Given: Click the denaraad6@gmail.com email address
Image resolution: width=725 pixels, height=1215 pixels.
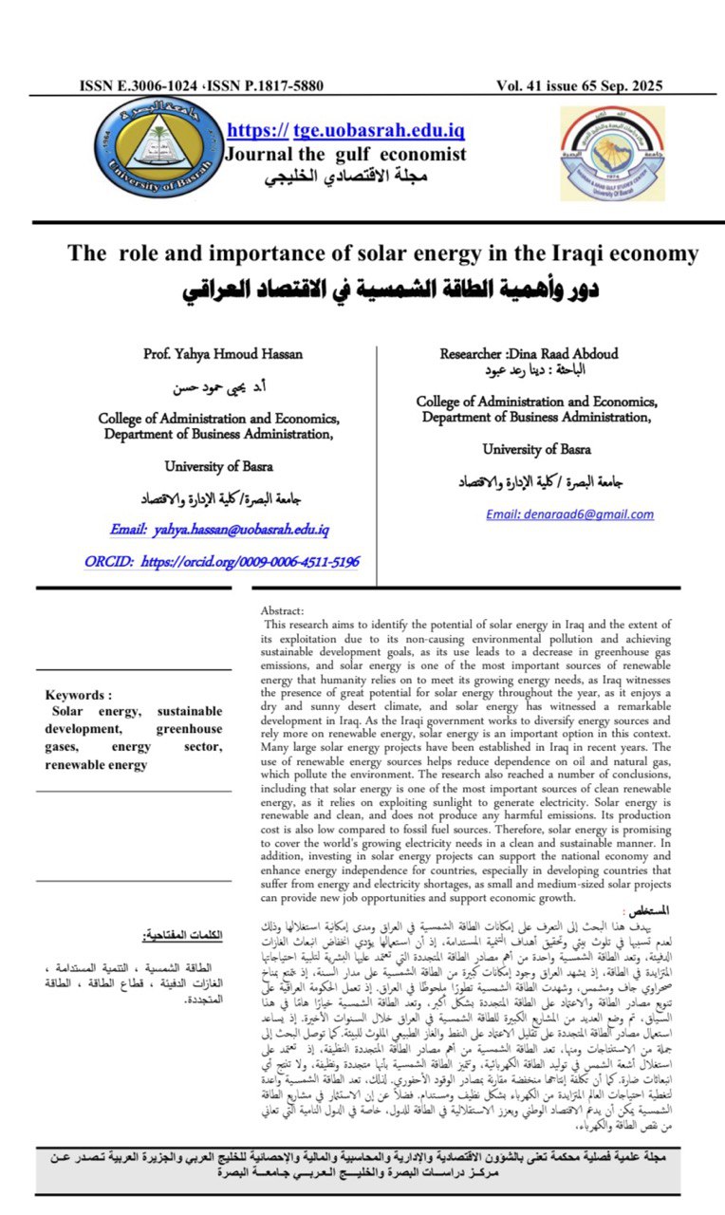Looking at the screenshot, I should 569,514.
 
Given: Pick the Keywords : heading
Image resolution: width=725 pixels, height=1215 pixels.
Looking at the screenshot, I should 79,694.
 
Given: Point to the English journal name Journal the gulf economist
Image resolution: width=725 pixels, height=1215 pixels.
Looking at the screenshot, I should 344,154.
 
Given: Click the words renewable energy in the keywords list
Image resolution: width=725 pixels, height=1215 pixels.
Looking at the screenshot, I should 97,765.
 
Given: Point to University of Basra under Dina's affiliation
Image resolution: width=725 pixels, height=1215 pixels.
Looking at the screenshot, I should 535,449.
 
